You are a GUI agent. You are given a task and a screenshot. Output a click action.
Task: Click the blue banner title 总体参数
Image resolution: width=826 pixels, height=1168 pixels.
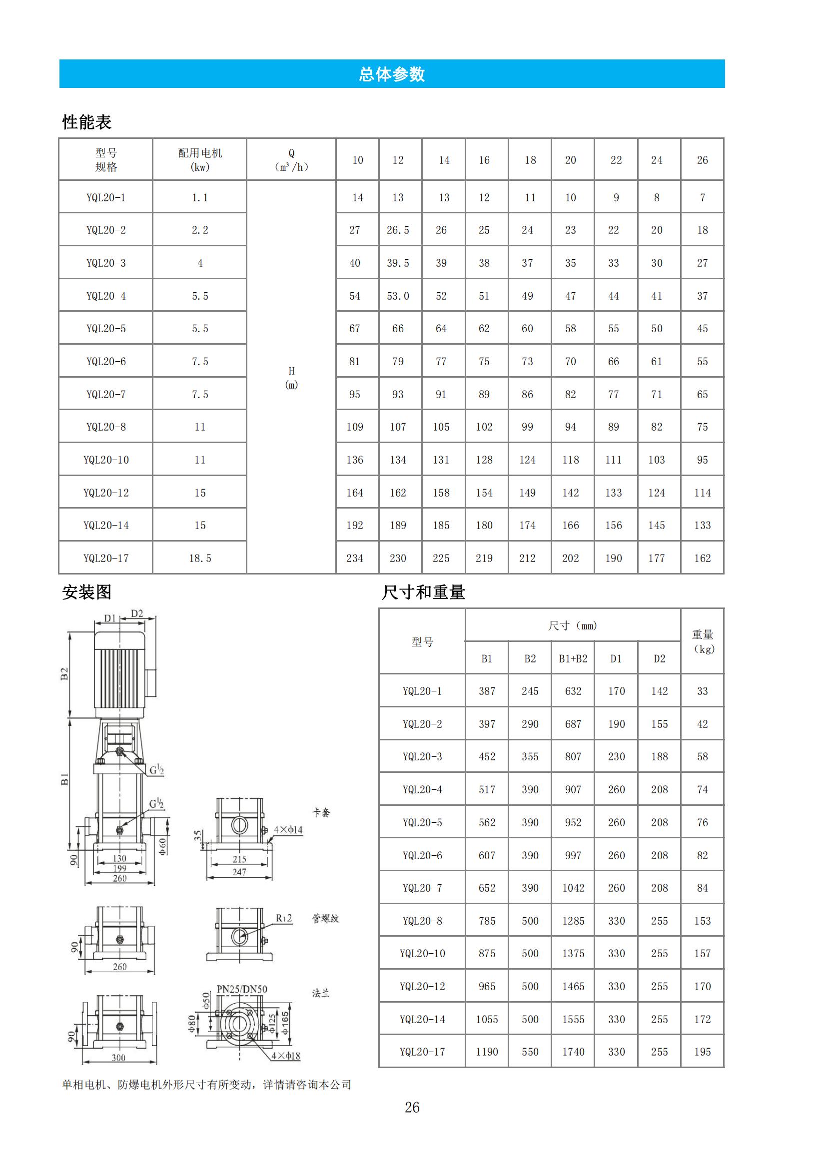[391, 74]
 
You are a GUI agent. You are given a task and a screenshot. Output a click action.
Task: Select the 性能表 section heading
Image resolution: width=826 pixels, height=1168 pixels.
[86, 122]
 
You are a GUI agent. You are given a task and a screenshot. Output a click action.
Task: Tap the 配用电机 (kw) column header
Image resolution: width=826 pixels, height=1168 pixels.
[199, 160]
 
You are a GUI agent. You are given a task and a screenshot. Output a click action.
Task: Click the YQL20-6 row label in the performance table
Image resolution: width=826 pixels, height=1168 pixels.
[106, 362]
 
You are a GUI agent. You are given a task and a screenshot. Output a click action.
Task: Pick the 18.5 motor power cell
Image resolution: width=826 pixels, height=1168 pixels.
[199, 559]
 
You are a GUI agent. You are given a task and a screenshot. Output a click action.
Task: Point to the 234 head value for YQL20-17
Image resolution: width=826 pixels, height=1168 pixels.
[355, 559]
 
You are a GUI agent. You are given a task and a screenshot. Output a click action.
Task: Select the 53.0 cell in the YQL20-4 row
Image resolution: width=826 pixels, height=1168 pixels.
[397, 296]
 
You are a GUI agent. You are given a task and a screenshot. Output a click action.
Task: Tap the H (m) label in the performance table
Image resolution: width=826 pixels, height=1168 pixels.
[291, 378]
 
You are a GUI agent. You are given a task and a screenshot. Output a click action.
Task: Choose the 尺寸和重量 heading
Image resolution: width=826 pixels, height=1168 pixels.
[423, 592]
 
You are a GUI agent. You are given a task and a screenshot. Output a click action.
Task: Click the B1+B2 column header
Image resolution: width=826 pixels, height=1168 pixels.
[573, 659]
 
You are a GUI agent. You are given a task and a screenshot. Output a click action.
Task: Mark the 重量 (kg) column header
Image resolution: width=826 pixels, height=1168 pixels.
[703, 642]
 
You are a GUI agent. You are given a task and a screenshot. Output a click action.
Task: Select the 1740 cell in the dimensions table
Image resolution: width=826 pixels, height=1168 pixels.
[573, 1052]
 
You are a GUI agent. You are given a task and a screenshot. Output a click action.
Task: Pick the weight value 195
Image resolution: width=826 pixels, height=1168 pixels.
[703, 1052]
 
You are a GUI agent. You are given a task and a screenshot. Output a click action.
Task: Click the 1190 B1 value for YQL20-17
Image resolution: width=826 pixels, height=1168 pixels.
[487, 1052]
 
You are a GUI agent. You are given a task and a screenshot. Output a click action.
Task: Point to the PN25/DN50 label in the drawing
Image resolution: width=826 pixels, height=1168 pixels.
[242, 990]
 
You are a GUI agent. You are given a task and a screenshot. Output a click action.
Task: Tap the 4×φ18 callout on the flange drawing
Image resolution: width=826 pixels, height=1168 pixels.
[285, 1056]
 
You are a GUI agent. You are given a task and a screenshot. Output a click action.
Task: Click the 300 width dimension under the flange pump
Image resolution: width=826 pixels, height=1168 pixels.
[118, 1058]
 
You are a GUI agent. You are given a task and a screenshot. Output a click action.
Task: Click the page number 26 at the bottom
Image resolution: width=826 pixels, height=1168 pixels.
[412, 1108]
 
